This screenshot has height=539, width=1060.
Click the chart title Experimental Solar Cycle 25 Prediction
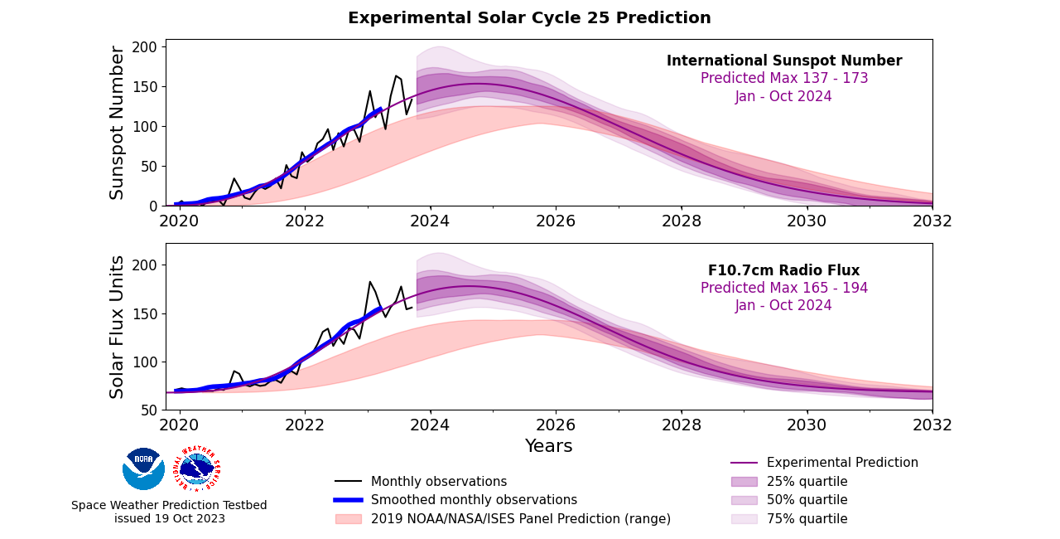coord(529,18)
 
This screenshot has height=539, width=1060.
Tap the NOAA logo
coord(143,469)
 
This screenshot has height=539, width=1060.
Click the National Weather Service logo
coord(196,469)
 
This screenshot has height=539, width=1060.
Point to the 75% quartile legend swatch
coord(744,519)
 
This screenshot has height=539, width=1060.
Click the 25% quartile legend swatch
coord(744,482)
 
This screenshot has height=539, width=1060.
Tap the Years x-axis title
coord(548,446)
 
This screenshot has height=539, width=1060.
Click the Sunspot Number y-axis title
coord(118,123)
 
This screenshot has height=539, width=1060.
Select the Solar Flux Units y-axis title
coord(118,327)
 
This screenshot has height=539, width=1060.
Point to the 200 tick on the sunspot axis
coord(146,47)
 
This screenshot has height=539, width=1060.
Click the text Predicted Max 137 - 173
coord(783,79)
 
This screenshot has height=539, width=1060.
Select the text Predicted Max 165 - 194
coord(783,289)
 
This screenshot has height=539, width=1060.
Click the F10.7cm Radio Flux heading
coord(783,270)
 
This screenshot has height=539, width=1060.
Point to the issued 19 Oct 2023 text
coord(169,519)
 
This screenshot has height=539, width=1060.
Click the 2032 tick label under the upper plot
coord(932,221)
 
